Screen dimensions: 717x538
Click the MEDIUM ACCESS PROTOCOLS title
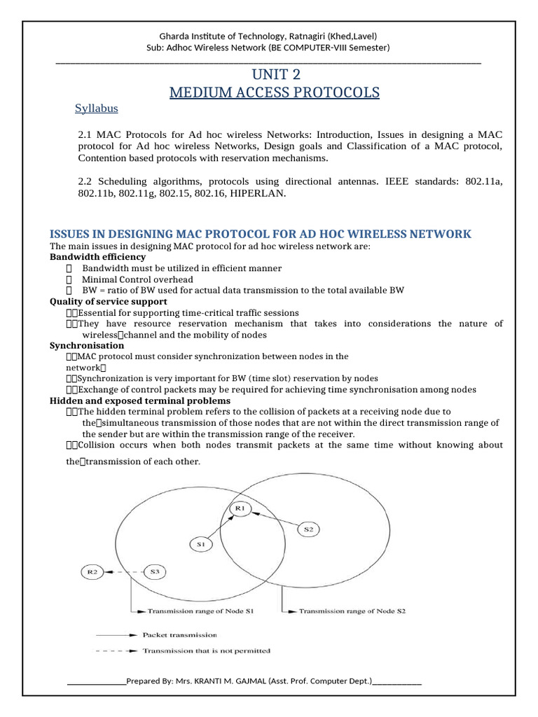(274, 92)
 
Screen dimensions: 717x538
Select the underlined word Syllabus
(96, 109)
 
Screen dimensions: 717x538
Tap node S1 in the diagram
(200, 543)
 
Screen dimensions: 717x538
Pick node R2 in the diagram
(92, 571)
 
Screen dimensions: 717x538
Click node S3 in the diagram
(154, 571)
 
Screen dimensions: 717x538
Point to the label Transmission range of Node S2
(352, 611)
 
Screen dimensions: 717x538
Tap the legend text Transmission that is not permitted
(206, 650)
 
